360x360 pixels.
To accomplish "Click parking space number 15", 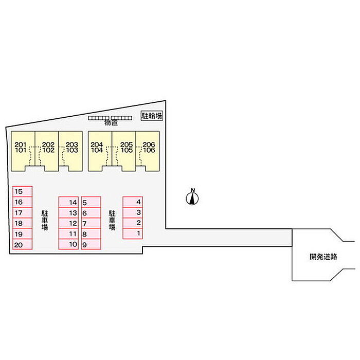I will (x=21, y=191).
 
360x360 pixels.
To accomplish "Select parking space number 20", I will (x=21, y=245).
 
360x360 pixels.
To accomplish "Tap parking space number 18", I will (x=21, y=223).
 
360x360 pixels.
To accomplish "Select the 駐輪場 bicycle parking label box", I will (x=152, y=116).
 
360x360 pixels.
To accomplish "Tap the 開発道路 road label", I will (x=323, y=256).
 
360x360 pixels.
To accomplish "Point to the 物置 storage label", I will (x=111, y=123).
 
